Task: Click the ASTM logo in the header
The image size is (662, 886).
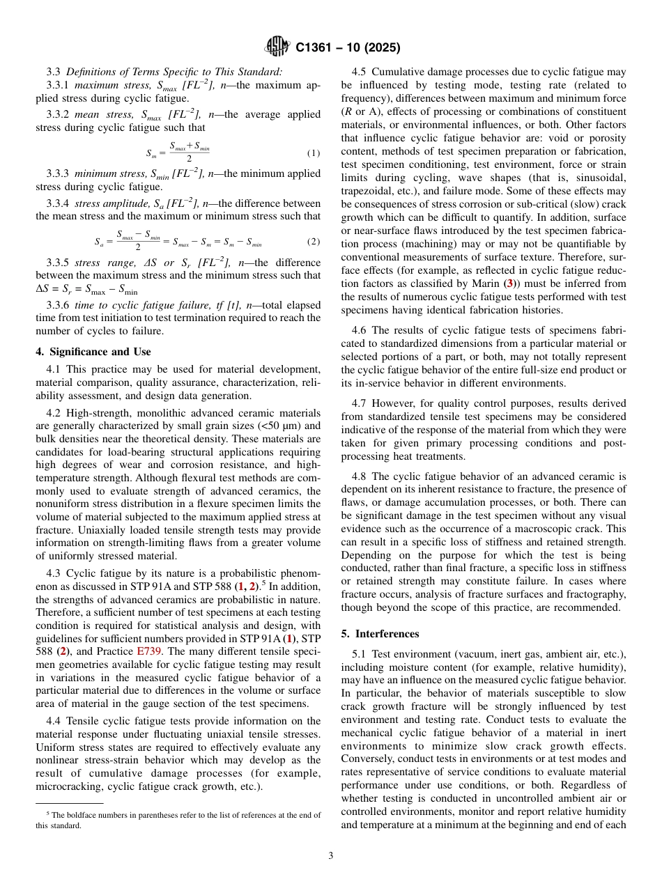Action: [x=277, y=48]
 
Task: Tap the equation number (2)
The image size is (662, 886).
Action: [x=313, y=242]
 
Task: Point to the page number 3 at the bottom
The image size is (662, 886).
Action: [x=331, y=856]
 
